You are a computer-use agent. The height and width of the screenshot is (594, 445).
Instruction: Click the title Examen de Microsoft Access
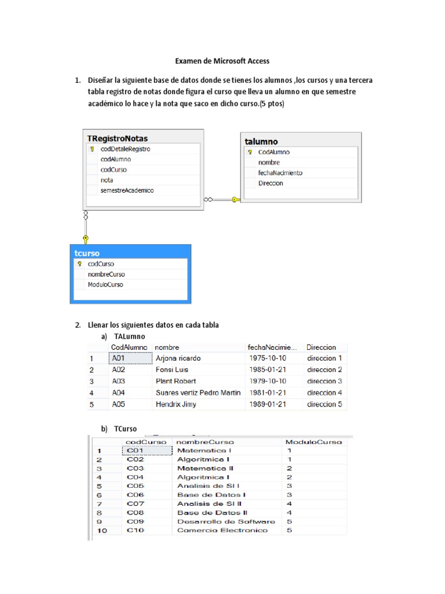pos(222,61)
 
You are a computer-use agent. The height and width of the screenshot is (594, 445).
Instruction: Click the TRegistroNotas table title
pos(118,139)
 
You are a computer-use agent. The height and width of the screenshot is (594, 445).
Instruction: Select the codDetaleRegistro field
pos(125,149)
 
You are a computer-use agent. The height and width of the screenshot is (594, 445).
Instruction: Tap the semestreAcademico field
pos(127,190)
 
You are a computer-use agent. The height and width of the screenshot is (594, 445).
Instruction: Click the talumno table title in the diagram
pos(261,142)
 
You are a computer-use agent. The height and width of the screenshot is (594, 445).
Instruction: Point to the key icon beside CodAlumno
pos(250,152)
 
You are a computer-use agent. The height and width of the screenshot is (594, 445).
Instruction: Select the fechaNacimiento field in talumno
pos(280,173)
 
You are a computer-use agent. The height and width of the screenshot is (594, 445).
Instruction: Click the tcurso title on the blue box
pos(87,253)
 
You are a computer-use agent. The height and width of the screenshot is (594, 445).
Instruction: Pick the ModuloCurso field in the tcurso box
pos(105,285)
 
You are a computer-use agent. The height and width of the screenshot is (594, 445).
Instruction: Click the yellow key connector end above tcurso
pos(86,238)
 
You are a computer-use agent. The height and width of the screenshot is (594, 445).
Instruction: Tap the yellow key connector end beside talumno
pos(235,200)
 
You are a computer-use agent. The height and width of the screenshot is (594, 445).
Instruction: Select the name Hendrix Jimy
pos(176,404)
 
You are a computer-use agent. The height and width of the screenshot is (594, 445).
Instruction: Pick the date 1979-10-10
pos(267,381)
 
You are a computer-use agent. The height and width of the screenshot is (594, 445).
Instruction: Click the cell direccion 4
pos(324,393)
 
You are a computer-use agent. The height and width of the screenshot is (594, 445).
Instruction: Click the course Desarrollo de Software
pos(226,521)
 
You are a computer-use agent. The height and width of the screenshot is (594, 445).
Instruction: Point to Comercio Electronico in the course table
pos(222,530)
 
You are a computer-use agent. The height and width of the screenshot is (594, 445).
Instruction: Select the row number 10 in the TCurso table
pos(100,530)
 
